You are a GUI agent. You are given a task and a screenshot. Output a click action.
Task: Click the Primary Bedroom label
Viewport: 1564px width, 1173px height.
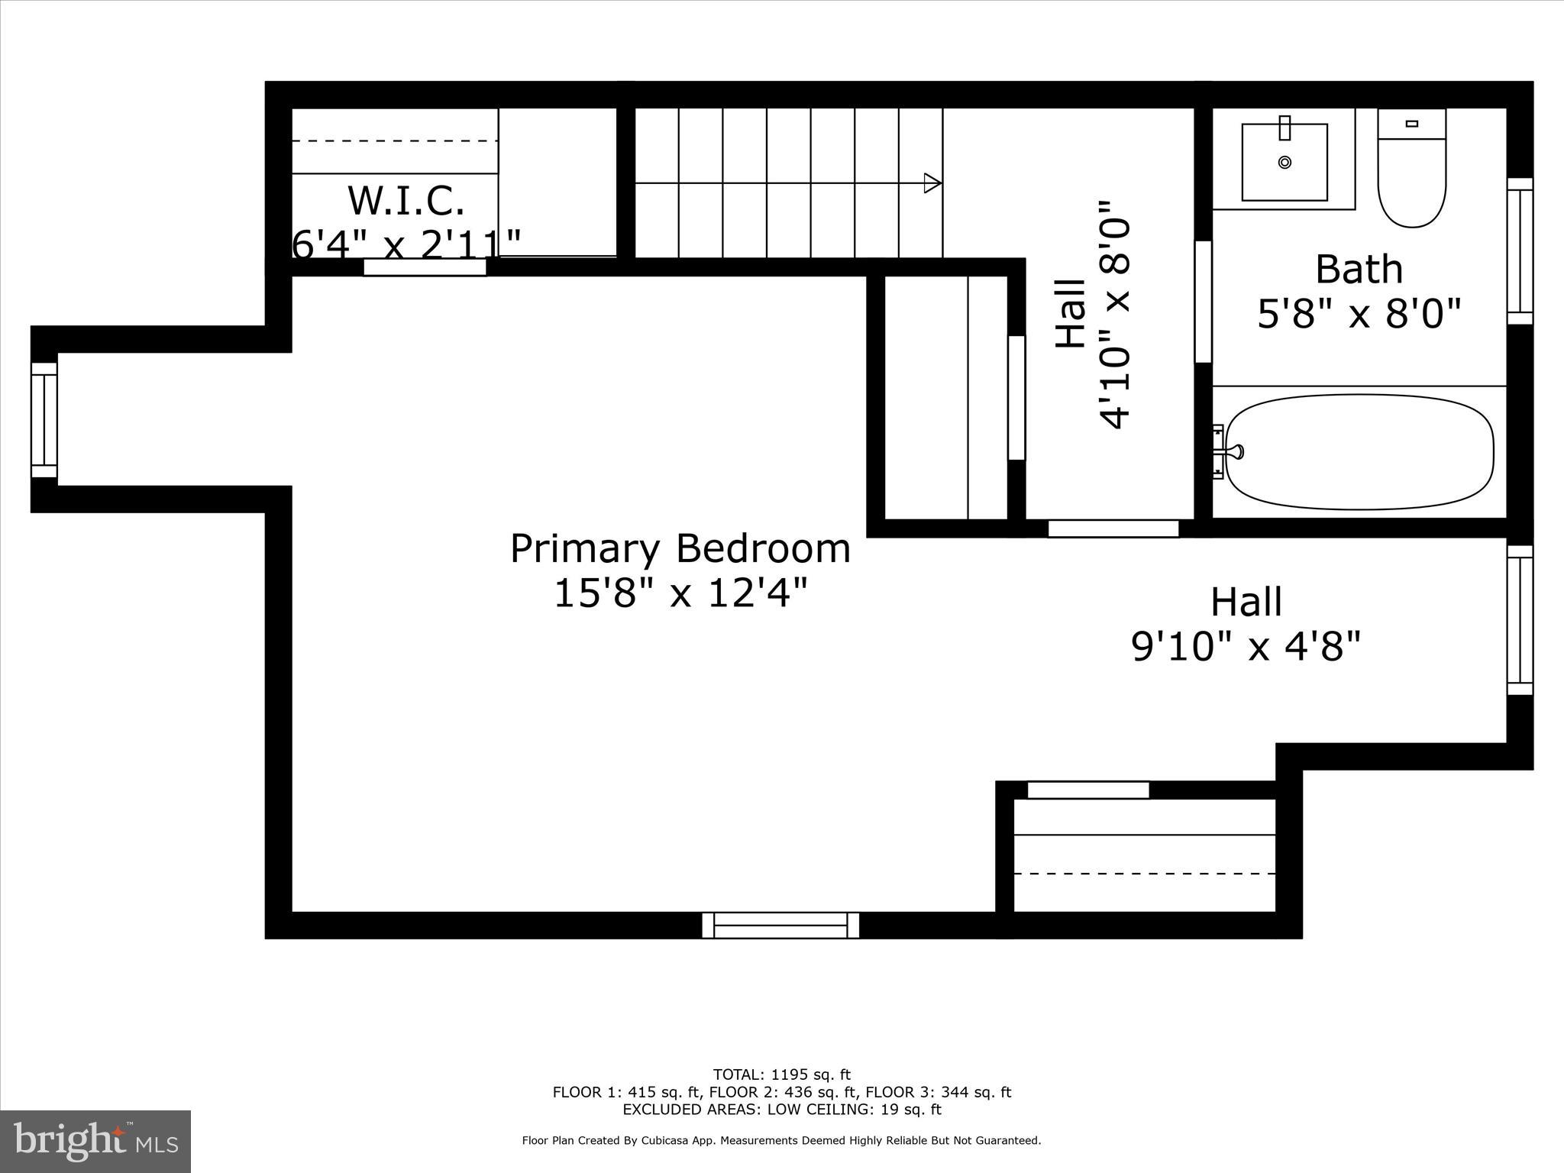coord(680,549)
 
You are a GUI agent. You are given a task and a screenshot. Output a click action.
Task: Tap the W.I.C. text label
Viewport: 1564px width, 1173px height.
coord(406,201)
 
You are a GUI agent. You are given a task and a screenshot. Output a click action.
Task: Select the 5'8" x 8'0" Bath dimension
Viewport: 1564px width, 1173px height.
coord(1359,313)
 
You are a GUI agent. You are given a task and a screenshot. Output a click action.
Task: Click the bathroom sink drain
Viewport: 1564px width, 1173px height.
coord(1284,162)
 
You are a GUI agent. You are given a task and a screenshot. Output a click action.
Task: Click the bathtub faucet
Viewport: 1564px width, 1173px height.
coord(1232,452)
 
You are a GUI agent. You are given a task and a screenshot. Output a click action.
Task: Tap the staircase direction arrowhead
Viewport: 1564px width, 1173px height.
coord(932,183)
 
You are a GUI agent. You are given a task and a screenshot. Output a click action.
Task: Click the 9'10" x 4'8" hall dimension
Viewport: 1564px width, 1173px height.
coord(1246,647)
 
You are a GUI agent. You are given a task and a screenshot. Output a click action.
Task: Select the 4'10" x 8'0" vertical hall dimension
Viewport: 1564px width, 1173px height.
coord(1113,315)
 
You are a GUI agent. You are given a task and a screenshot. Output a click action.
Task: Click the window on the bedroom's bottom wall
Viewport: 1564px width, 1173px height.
coord(780,925)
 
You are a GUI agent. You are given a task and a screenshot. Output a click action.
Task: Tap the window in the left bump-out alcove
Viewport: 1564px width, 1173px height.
coord(44,420)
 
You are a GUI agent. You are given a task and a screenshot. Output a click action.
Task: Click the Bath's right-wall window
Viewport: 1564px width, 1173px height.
coord(1519,251)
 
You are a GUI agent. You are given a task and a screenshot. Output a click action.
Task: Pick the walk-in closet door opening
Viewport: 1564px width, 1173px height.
coord(425,267)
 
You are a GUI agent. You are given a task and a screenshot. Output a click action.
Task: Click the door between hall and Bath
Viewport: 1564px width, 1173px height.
coord(1203,302)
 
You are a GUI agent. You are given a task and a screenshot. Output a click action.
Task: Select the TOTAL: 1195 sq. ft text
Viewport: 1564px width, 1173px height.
coord(781,1075)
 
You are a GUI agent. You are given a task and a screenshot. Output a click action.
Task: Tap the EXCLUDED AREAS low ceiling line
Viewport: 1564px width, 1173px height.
coord(781,1110)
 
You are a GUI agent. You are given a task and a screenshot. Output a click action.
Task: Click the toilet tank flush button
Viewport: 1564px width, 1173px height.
coord(1411,124)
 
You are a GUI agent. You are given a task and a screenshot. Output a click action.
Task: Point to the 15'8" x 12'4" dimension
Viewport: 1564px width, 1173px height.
coord(680,593)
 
